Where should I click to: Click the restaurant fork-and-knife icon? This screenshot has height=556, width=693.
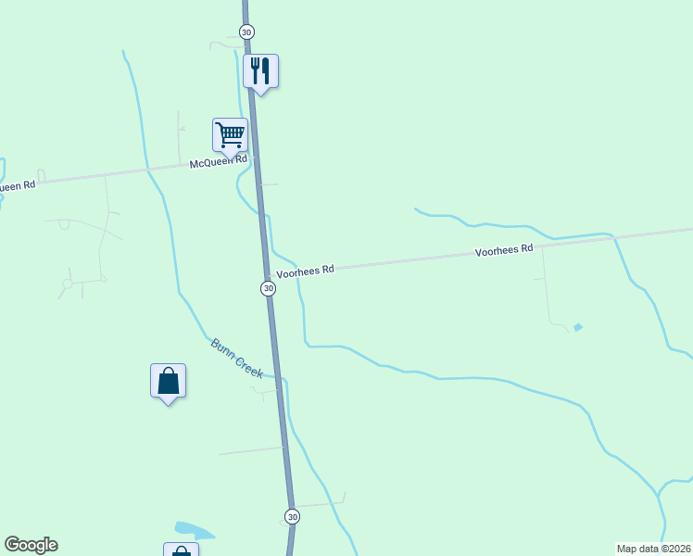pos(260,70)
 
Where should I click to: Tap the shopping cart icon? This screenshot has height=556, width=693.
pos(230,133)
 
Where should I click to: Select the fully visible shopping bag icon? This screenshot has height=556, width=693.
pos(168,380)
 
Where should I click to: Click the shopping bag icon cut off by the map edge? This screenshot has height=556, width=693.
pos(181,550)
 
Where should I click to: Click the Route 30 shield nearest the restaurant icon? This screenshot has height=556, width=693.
pos(246,32)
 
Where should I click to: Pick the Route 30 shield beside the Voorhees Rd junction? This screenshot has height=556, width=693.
pos(268,288)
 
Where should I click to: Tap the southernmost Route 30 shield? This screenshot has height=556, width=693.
pos(292,516)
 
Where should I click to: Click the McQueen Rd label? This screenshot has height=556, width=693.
pos(219,161)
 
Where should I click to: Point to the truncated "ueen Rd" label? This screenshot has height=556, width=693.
pos(17,185)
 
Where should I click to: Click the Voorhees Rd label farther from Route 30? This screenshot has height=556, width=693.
pos(504,250)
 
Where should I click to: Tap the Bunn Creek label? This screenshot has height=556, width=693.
pos(236,358)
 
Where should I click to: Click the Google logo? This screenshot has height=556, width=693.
pos(31,545)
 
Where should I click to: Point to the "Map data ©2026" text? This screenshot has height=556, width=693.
pos(654,549)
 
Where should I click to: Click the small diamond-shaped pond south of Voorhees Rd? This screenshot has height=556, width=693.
pos(578,327)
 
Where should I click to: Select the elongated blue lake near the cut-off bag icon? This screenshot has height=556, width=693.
pos(193,530)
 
